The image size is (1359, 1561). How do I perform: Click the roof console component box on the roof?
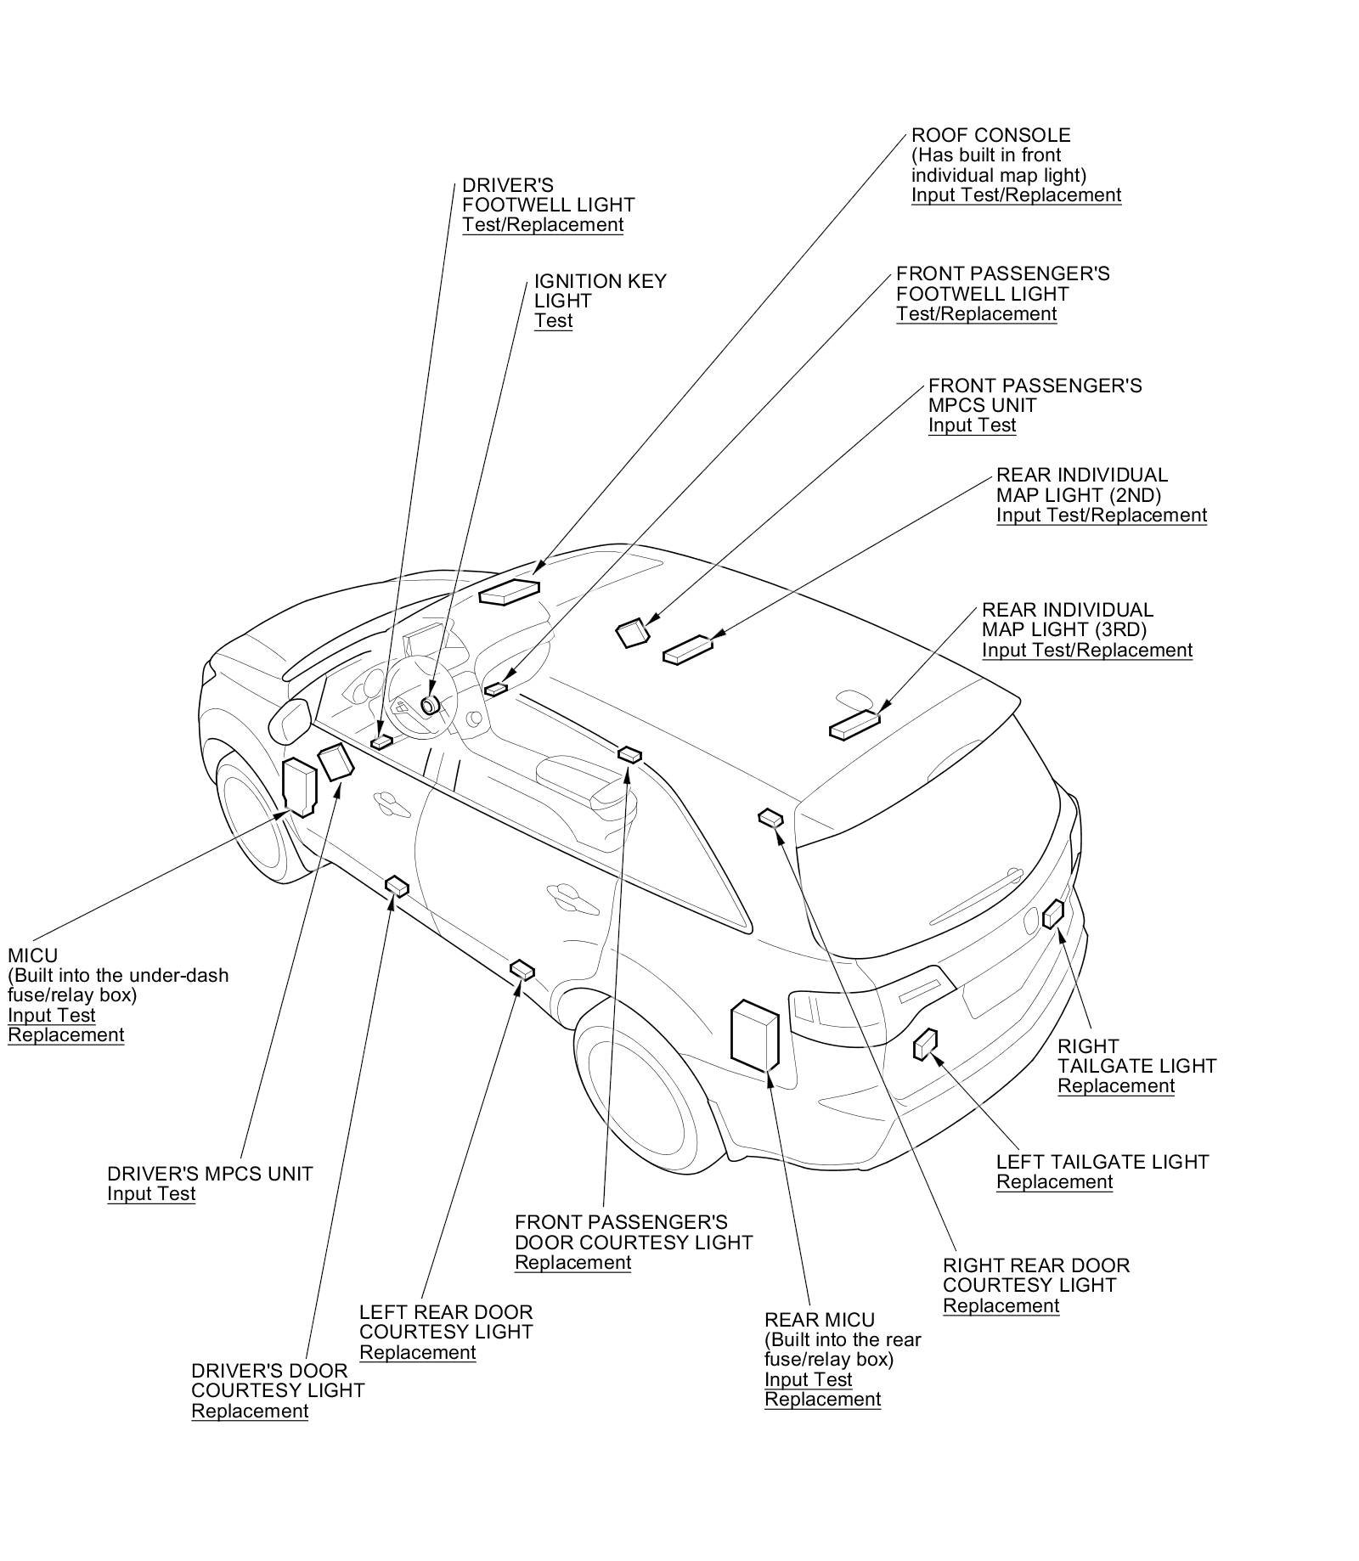[509, 591]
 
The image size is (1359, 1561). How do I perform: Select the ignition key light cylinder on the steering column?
[430, 704]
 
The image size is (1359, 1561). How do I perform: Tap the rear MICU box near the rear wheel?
[755, 1034]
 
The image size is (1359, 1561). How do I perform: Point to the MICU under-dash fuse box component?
[299, 786]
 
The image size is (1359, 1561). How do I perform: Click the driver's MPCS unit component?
[335, 762]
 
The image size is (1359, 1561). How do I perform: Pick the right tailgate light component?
[1053, 913]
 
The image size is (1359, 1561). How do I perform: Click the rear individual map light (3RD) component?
[854, 725]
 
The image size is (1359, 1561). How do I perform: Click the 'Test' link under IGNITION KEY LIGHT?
[553, 321]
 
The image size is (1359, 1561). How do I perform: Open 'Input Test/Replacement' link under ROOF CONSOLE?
[1016, 195]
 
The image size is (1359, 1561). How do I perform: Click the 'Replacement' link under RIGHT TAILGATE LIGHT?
[1115, 1086]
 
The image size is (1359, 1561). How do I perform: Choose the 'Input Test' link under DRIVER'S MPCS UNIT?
[151, 1194]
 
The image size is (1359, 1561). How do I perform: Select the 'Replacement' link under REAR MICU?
[822, 1400]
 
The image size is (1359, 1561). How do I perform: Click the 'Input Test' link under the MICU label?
[52, 1016]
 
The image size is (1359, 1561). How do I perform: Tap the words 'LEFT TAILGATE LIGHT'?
[1102, 1162]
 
